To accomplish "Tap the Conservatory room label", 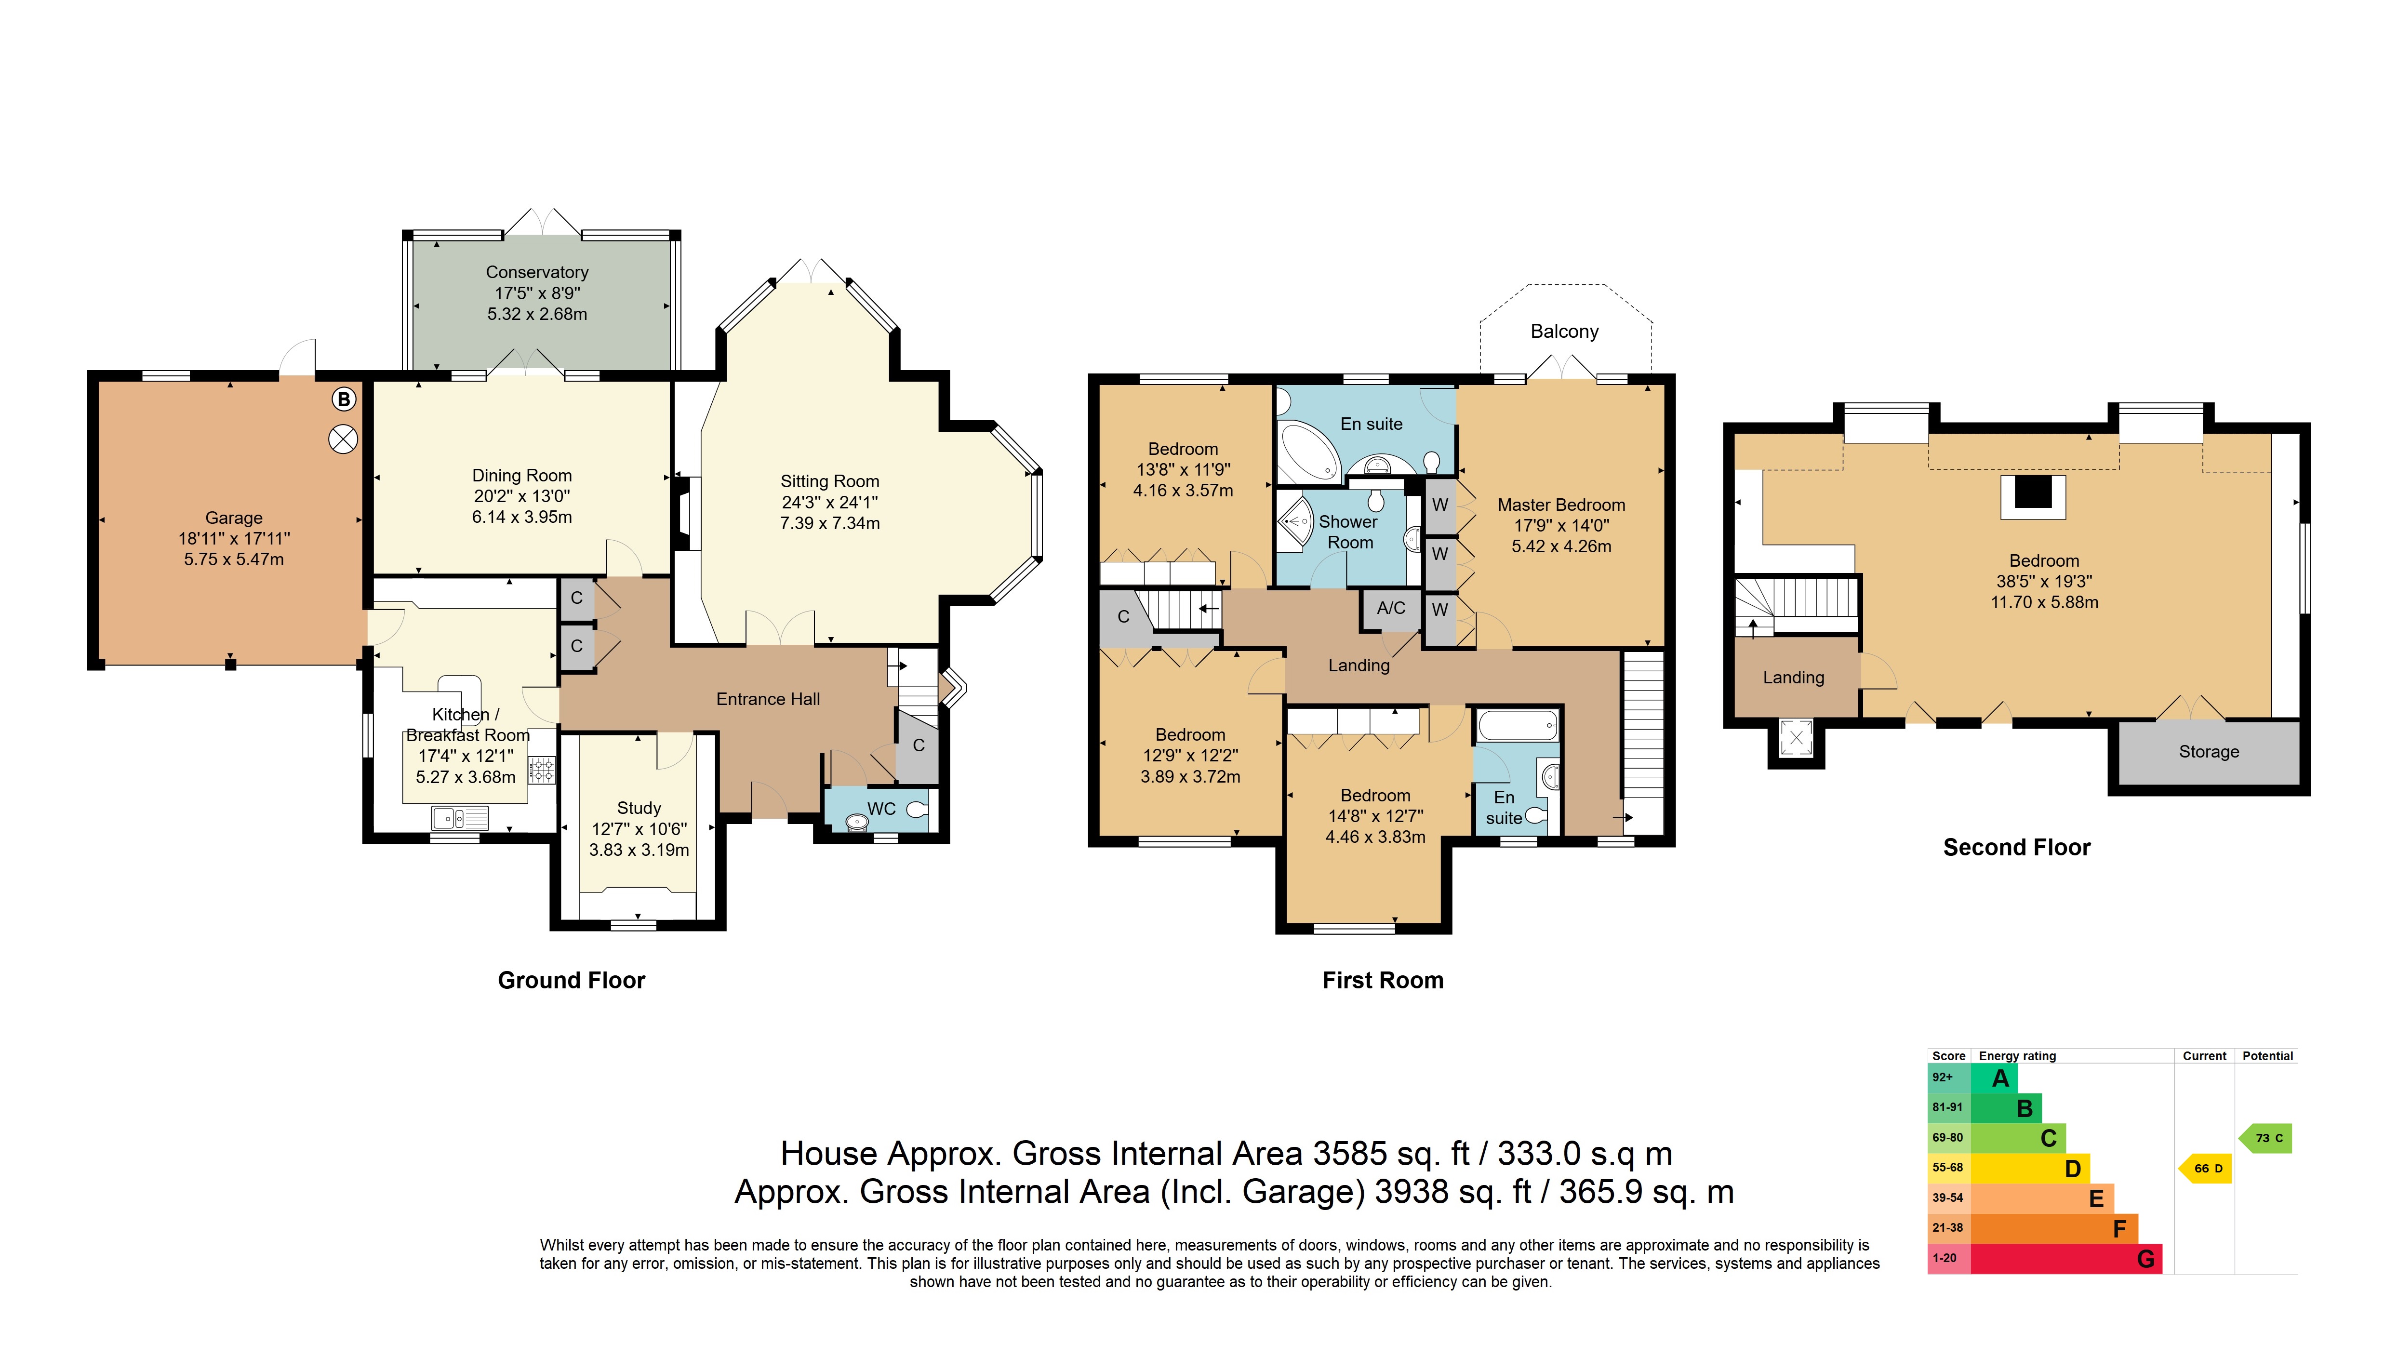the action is pyautogui.click(x=537, y=272).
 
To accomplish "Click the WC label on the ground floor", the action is pyautogui.click(x=881, y=809).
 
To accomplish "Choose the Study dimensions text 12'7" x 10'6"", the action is pyautogui.click(x=639, y=828).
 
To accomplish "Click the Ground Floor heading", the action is pyautogui.click(x=571, y=981).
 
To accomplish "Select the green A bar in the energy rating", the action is pyautogui.click(x=1995, y=1078).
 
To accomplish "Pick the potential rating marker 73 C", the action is pyautogui.click(x=2265, y=1138).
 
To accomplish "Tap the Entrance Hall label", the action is pyautogui.click(x=768, y=699).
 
